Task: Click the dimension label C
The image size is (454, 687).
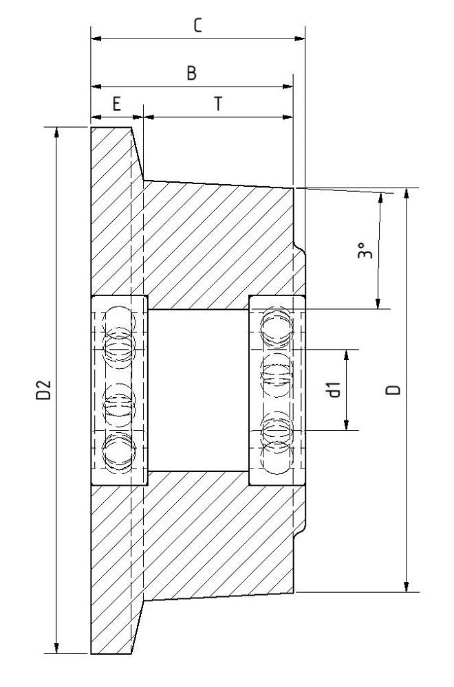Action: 197,25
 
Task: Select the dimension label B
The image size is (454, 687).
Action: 192,74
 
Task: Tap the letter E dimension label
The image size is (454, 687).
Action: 116,104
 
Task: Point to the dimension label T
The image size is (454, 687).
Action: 217,104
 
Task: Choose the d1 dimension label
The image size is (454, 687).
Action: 335,390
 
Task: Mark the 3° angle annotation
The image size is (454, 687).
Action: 365,252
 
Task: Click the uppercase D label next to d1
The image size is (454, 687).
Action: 393,390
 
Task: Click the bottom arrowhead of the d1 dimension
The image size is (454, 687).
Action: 347,425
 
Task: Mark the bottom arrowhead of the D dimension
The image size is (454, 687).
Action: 408,586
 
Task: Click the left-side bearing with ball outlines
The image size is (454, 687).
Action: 119,390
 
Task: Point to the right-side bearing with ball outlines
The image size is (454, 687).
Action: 277,390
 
